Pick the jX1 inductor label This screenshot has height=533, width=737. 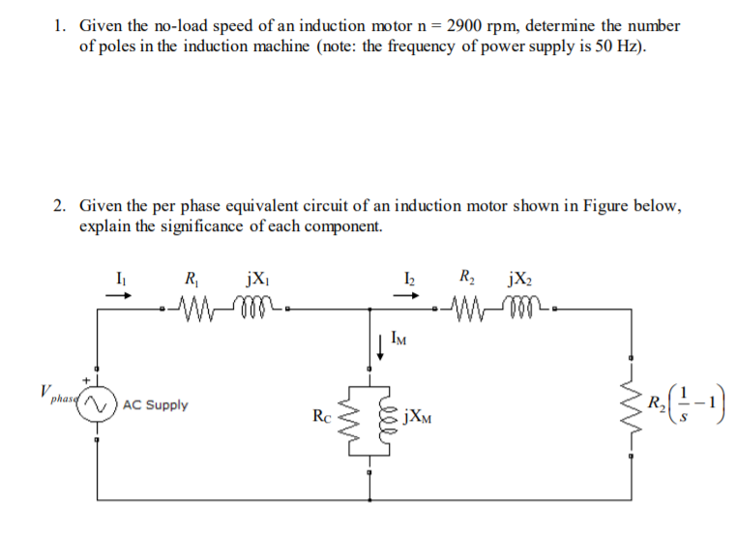pos(258,281)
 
